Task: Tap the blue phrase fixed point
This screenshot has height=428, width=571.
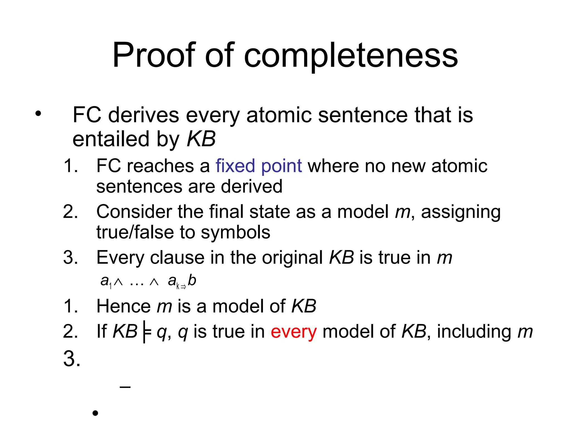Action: point(258,166)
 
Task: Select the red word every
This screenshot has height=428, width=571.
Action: point(294,332)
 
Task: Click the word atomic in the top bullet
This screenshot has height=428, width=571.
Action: point(279,115)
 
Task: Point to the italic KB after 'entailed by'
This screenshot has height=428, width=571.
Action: point(201,139)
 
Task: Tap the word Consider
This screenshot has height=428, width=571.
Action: point(134,212)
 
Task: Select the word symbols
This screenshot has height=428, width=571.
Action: point(235,232)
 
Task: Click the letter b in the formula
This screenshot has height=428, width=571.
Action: point(192,280)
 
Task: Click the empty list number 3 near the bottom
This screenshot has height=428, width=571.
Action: point(72,359)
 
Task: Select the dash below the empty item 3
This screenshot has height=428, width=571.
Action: point(125,387)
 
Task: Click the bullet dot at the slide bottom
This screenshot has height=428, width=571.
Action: point(95,413)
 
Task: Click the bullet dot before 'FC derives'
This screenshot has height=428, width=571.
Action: point(38,114)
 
